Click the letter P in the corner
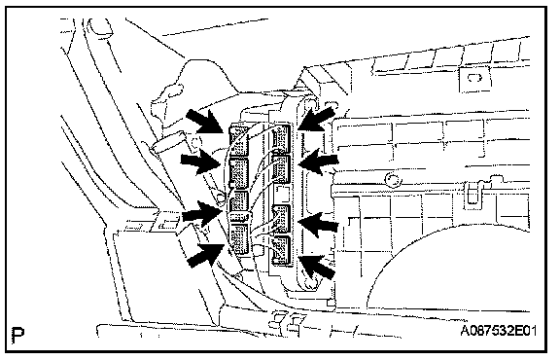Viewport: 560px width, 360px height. pyautogui.click(x=17, y=335)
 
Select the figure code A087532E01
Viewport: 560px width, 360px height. pyautogui.click(x=498, y=331)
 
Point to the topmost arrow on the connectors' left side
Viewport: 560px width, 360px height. pyautogui.click(x=206, y=122)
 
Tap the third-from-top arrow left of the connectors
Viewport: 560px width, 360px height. pyautogui.click(x=200, y=214)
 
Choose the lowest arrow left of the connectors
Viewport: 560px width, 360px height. pyautogui.click(x=206, y=255)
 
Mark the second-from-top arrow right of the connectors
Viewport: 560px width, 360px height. pyautogui.click(x=319, y=162)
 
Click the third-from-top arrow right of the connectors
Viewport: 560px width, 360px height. pyautogui.click(x=318, y=224)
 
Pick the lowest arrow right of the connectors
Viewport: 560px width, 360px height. pyautogui.click(x=317, y=267)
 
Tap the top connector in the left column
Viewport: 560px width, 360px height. pyautogui.click(x=238, y=139)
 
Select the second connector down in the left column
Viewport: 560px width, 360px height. pyautogui.click(x=238, y=172)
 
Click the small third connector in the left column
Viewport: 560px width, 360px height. pyautogui.click(x=238, y=200)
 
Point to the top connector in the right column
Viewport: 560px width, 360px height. pyautogui.click(x=282, y=137)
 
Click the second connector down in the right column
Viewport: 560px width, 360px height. pyautogui.click(x=282, y=168)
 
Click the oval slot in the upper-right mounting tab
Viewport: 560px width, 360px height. pyautogui.click(x=475, y=77)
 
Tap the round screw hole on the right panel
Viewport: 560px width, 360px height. pyautogui.click(x=394, y=179)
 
